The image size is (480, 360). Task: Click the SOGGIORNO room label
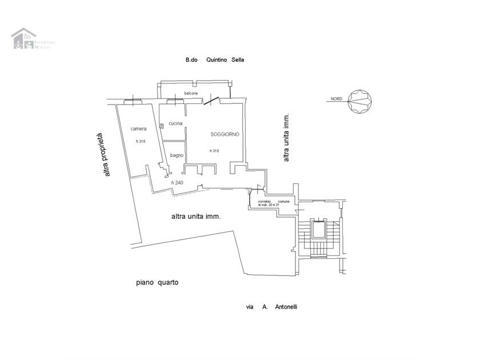224,134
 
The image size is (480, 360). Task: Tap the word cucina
175,123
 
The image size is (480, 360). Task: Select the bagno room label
176,155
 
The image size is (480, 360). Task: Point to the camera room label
139,129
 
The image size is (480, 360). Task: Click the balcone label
191,93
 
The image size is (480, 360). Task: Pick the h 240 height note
177,182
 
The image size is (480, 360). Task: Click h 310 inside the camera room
140,141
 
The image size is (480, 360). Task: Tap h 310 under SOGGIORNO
214,151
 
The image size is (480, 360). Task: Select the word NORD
336,99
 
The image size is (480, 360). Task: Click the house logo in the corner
23,39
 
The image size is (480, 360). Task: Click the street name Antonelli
286,307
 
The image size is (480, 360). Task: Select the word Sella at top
238,59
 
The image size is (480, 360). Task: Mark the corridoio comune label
273,203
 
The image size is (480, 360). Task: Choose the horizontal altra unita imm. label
196,217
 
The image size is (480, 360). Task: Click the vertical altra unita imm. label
287,136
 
